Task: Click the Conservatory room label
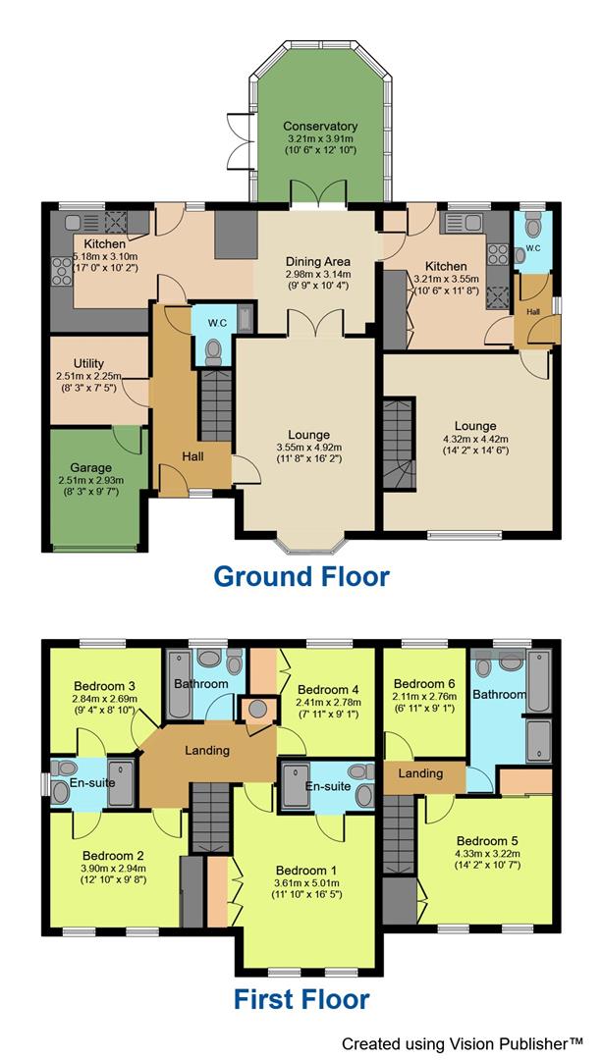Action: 320,127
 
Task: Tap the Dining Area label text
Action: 317,261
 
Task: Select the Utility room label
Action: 88,364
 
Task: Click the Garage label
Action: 90,467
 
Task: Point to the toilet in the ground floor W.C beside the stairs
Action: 213,350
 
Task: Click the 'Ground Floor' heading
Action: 301,576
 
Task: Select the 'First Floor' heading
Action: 301,999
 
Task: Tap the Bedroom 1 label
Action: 305,871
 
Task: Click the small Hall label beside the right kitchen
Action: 532,311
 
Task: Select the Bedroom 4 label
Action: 329,688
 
